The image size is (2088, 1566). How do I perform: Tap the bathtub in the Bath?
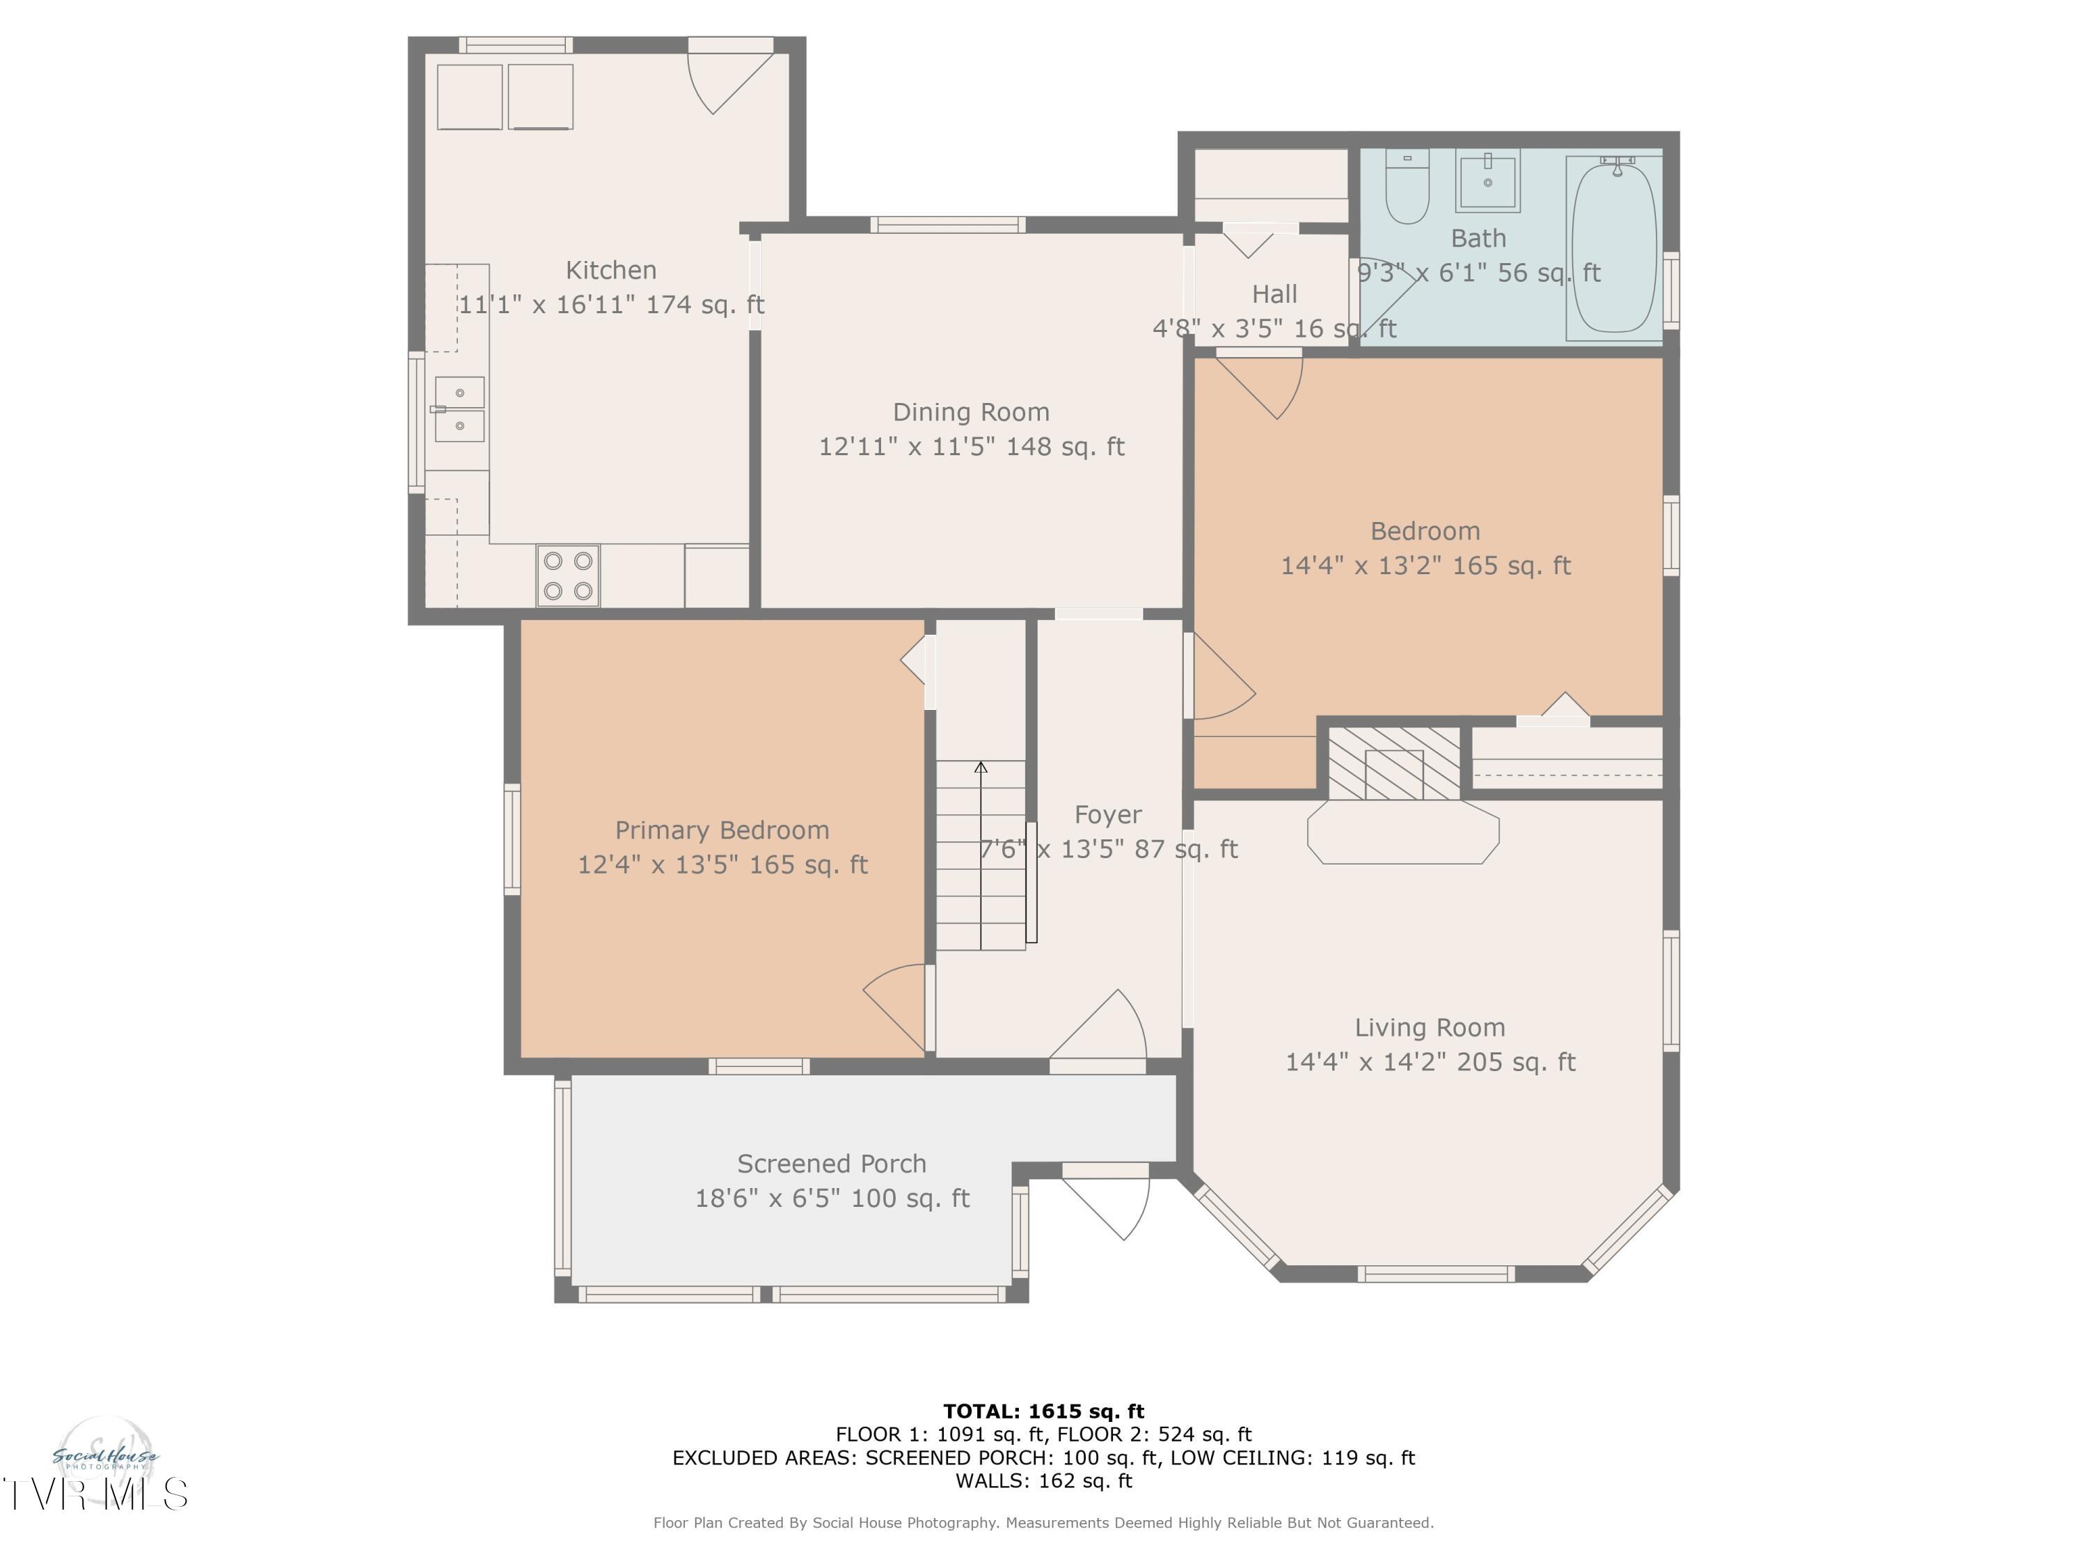[x=1614, y=247]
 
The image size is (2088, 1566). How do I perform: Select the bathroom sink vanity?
[x=1487, y=180]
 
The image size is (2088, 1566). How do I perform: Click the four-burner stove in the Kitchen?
[x=568, y=575]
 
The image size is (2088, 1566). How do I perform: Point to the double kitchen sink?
[x=459, y=410]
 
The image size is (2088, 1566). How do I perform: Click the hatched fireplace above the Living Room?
[x=1394, y=763]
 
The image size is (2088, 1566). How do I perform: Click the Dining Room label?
[x=972, y=413]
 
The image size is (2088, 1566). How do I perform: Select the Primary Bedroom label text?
[x=722, y=830]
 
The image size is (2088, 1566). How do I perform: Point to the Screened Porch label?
[x=832, y=1164]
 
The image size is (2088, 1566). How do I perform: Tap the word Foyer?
[x=1108, y=814]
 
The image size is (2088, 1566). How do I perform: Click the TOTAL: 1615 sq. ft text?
[x=1044, y=1411]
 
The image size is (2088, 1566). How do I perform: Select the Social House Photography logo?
[x=105, y=1458]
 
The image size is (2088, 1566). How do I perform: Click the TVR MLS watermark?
[x=95, y=1494]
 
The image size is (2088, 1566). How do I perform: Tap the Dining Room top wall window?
[x=948, y=225]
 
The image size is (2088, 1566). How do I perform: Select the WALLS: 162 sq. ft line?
[x=1044, y=1481]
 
